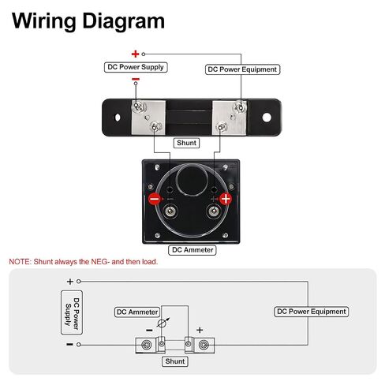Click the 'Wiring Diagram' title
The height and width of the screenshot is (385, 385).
click(x=88, y=21)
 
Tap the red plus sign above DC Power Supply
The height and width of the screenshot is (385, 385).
click(x=135, y=54)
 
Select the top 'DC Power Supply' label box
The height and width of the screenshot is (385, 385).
click(x=136, y=67)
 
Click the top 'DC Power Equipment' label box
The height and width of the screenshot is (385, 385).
click(x=242, y=69)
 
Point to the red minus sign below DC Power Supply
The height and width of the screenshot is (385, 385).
click(x=136, y=79)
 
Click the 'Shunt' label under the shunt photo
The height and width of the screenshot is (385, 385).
click(x=186, y=143)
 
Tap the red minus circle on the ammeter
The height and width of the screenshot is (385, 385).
click(x=155, y=199)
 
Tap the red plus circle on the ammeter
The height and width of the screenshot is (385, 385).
click(x=226, y=199)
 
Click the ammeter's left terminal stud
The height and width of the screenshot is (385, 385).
click(x=170, y=211)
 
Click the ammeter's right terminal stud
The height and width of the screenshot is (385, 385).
click(x=214, y=211)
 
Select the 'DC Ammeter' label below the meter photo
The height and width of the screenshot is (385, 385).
click(x=192, y=250)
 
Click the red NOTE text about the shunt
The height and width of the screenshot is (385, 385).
click(x=84, y=262)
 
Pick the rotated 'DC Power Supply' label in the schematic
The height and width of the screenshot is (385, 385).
click(x=72, y=312)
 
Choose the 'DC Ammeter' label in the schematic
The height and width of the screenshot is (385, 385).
click(x=137, y=312)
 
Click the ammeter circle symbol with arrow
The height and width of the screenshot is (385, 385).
click(x=162, y=323)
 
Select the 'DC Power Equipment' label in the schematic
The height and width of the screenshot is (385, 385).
click(x=312, y=312)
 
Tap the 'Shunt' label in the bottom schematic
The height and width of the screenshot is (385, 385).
click(x=175, y=361)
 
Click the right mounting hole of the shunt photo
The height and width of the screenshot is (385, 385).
click(x=267, y=118)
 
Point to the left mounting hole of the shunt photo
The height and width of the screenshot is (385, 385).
click(x=118, y=118)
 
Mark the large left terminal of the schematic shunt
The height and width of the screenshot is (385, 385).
click(x=147, y=345)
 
